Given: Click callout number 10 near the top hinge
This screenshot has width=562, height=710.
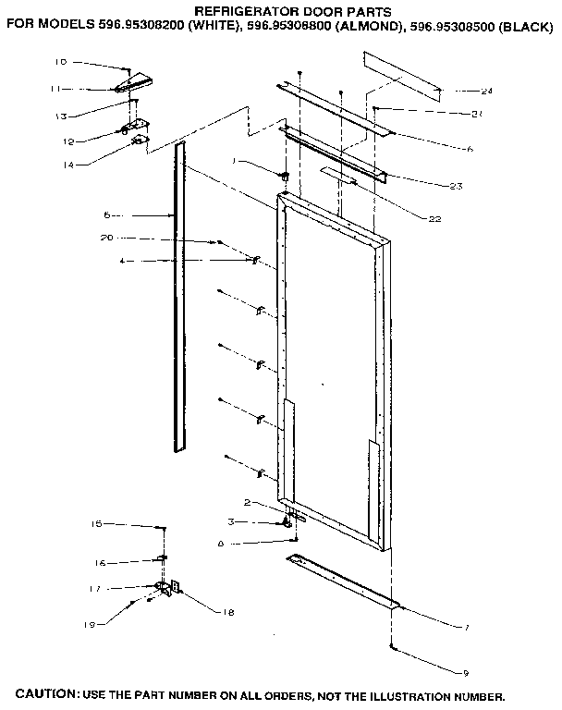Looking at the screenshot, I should [60, 62].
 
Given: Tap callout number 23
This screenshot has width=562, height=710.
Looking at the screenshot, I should [455, 187].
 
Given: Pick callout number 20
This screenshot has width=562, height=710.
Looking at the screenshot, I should [106, 238].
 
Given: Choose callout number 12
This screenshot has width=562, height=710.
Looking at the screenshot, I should [68, 141].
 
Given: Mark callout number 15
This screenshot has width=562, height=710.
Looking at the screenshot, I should [95, 524].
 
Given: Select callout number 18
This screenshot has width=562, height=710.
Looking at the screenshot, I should [227, 611].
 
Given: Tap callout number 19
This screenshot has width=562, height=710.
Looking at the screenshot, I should [90, 625].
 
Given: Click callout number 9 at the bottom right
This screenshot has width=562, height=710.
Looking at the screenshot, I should [465, 671].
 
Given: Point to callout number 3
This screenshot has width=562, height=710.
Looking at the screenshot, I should [232, 522].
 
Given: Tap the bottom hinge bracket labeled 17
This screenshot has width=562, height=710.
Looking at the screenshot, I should [166, 587].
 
